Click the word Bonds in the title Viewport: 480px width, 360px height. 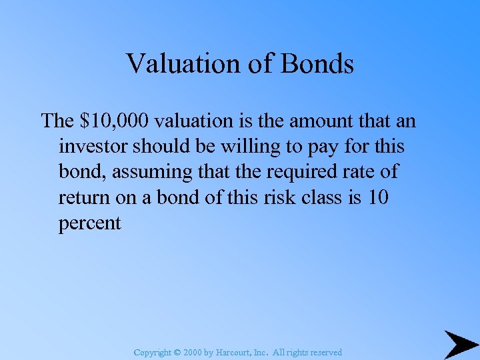(x=317, y=64)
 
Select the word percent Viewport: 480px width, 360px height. (x=90, y=223)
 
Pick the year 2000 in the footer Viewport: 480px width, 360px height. (x=191, y=352)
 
